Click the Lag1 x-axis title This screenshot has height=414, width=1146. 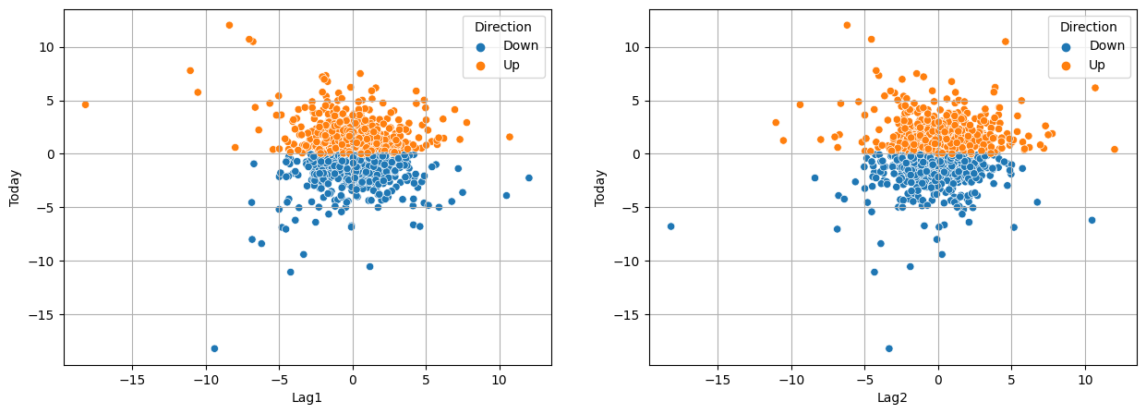click(x=308, y=398)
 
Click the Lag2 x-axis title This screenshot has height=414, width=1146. click(x=893, y=398)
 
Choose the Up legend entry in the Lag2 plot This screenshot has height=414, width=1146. click(x=1096, y=65)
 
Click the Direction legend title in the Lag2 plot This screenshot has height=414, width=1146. click(x=1088, y=27)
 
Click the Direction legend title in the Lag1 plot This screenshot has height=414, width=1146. click(x=502, y=27)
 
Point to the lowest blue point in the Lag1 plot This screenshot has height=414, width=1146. click(x=214, y=348)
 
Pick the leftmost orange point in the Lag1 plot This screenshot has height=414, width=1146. click(x=85, y=104)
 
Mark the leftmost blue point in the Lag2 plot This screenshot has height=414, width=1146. click(x=670, y=226)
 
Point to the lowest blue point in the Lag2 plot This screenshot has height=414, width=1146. click(x=889, y=348)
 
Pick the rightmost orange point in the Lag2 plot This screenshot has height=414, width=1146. click(x=1114, y=149)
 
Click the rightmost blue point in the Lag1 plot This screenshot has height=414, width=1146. click(x=529, y=178)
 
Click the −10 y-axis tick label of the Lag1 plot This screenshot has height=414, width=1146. click(x=44, y=262)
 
